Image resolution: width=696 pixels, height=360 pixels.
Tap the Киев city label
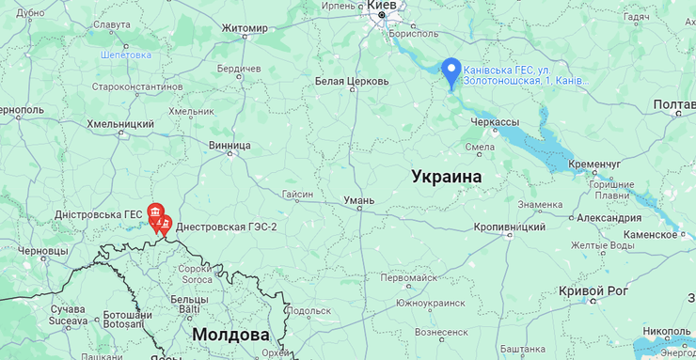pyautogui.click(x=381, y=6)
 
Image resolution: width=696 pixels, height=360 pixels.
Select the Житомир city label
pyautogui.click(x=245, y=28)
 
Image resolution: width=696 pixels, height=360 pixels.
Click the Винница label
pyautogui.click(x=229, y=146)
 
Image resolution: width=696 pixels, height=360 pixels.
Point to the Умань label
pyautogui.click(x=358, y=200)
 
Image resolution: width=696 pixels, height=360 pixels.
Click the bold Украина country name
pyautogui.click(x=446, y=177)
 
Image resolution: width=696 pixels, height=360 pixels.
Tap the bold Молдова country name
pyautogui.click(x=230, y=335)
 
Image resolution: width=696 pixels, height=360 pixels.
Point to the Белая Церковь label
pyautogui.click(x=352, y=82)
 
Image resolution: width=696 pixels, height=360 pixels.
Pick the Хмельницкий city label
pyautogui.click(x=120, y=124)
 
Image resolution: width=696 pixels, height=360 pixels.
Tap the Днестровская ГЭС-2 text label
pyautogui.click(x=227, y=227)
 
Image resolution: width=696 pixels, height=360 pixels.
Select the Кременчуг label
pyautogui.click(x=594, y=164)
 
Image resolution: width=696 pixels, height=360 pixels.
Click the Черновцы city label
pyautogui.click(x=43, y=252)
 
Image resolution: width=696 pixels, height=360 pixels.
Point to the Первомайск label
pyautogui.click(x=408, y=278)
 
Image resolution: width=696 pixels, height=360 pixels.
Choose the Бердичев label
pyautogui.click(x=239, y=70)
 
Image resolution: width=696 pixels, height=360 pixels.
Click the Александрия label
pyautogui.click(x=609, y=218)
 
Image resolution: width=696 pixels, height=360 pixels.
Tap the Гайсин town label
pyautogui.click(x=297, y=195)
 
